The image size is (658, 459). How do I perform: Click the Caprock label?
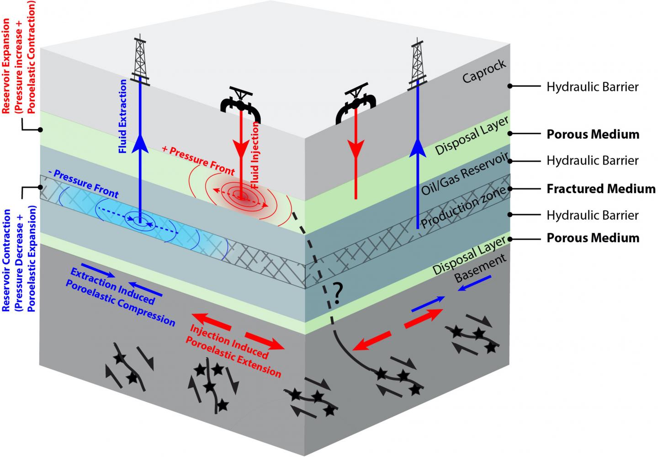484,71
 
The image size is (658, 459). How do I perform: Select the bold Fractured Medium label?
601,189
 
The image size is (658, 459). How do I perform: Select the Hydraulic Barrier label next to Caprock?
592,87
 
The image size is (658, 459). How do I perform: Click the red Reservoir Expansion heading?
19,62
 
